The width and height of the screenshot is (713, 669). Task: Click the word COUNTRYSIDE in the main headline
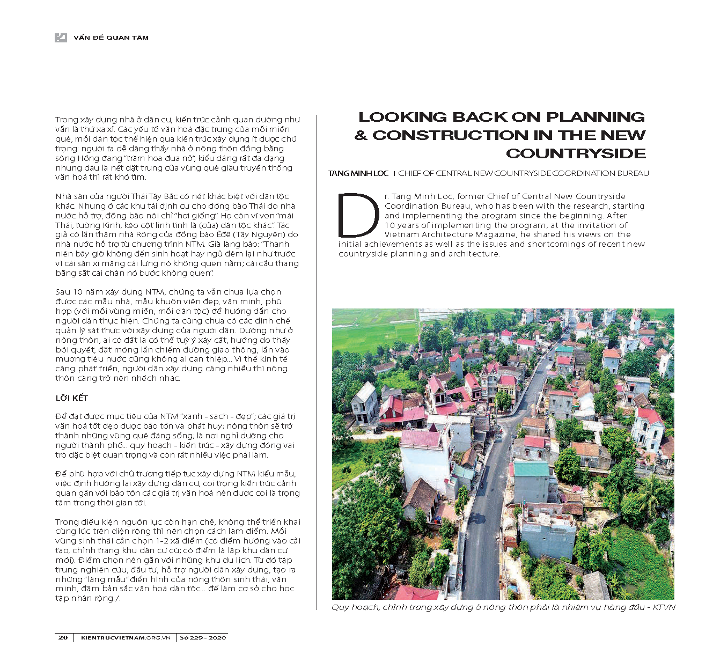click(576, 153)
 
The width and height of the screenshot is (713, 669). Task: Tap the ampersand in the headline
click(361, 135)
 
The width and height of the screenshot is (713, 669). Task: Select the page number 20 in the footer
click(63, 637)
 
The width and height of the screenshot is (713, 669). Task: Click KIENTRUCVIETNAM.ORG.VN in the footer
click(126, 637)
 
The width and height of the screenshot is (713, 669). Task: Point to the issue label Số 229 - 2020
click(203, 637)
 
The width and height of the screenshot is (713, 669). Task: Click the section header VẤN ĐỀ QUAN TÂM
click(111, 38)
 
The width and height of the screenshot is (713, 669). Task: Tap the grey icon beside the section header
click(61, 38)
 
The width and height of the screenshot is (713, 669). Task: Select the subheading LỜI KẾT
click(71, 398)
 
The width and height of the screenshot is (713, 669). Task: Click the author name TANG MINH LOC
click(358, 173)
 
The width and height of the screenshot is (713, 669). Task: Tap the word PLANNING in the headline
click(596, 117)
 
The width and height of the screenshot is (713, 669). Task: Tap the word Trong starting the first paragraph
click(67, 120)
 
